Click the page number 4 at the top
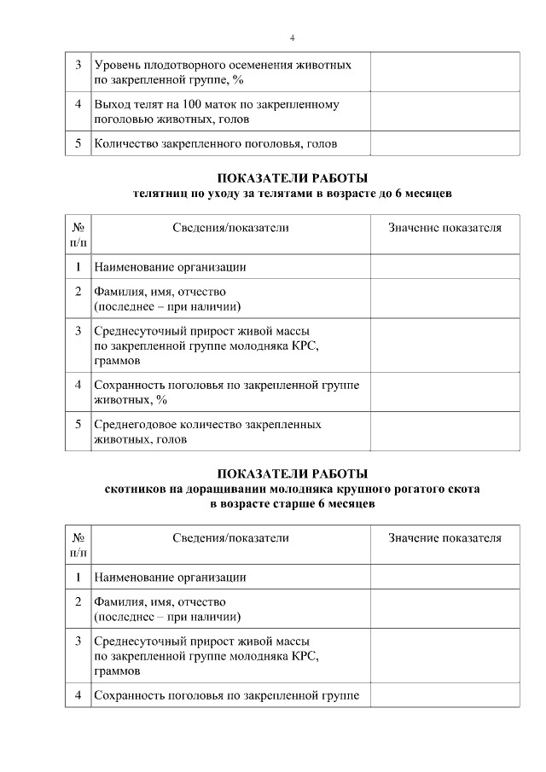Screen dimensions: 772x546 [x=293, y=38]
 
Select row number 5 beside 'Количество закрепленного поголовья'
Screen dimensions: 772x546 [x=78, y=143]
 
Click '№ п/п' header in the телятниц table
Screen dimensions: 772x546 [x=78, y=235]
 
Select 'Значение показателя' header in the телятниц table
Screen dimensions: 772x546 [x=444, y=228]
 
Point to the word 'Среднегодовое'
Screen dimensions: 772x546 [x=135, y=424]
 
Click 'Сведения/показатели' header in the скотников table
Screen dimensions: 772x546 [x=230, y=538]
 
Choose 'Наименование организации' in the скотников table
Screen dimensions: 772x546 [x=170, y=578]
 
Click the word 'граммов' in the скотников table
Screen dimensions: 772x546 [x=117, y=671]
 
